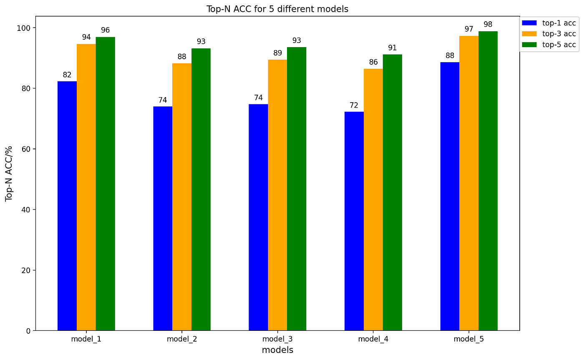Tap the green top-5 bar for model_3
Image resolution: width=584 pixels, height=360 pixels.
(297, 189)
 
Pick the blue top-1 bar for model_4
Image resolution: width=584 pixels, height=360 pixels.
(354, 221)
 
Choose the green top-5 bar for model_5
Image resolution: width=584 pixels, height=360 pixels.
(488, 181)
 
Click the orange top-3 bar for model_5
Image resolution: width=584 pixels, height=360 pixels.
(469, 183)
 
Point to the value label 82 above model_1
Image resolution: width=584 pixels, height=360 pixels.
(67, 75)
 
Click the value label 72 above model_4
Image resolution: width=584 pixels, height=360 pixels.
(354, 106)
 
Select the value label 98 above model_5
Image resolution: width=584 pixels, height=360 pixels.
(488, 25)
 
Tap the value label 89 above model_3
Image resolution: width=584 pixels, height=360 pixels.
(277, 53)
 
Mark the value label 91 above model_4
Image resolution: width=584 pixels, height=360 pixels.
(392, 48)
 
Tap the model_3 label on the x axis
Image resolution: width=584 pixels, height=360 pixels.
(277, 339)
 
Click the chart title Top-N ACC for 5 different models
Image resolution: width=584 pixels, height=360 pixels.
(277, 9)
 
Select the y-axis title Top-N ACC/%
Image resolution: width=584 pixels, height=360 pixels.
(9, 174)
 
